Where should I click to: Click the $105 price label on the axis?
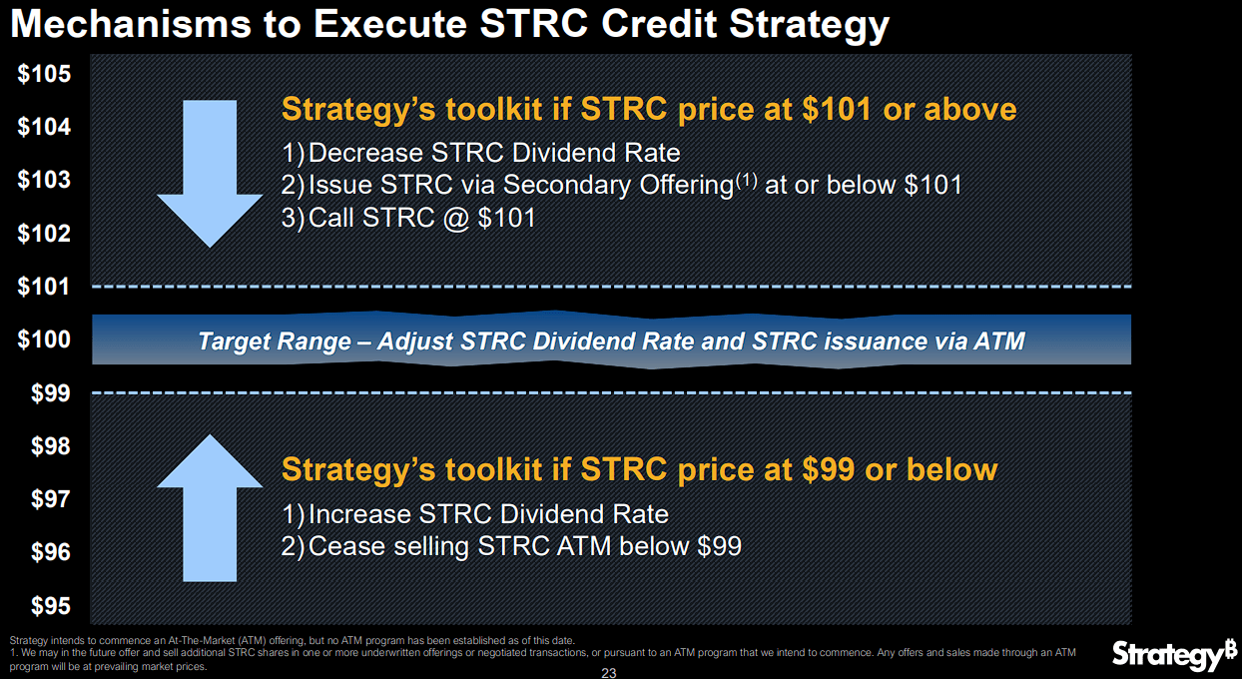tap(44, 75)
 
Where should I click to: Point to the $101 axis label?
tap(44, 288)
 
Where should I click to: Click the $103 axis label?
tap(44, 181)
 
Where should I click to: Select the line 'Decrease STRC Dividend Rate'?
tap(480, 154)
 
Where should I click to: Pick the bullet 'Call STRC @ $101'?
tap(408, 218)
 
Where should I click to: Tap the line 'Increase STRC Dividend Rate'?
tap(474, 514)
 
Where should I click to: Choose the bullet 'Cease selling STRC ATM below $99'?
tap(511, 546)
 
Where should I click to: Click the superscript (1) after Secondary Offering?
tap(747, 180)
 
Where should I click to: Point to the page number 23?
tap(609, 673)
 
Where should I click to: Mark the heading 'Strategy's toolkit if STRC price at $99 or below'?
tap(639, 469)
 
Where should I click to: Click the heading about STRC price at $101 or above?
tap(649, 109)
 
